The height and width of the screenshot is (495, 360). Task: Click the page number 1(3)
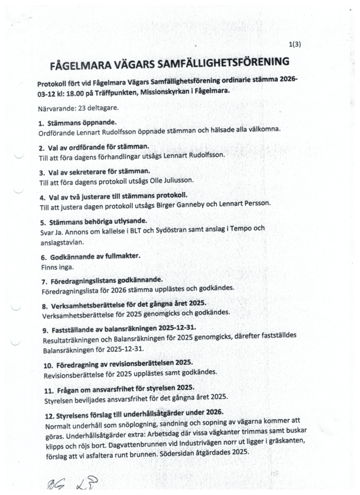pos(295,44)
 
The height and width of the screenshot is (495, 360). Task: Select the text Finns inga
pos(54,266)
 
